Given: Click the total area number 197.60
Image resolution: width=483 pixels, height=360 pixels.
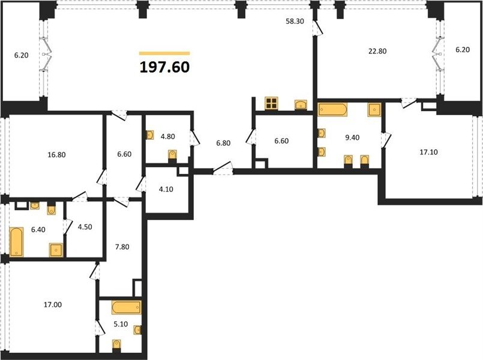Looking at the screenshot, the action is click(164, 67).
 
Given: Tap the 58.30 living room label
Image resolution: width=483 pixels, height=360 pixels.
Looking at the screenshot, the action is click(295, 21).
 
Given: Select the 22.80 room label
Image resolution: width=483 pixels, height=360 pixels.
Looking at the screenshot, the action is click(377, 51).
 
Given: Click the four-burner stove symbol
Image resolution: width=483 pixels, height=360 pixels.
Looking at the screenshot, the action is click(271, 103).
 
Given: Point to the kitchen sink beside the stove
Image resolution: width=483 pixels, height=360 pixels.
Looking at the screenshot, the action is click(301, 105).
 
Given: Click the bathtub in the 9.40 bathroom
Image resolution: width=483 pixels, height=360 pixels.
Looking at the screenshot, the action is click(332, 109).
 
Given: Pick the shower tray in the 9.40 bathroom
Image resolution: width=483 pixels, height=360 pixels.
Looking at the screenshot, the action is click(374, 110).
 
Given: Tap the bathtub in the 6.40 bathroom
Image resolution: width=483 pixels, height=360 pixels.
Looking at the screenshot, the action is click(16, 242).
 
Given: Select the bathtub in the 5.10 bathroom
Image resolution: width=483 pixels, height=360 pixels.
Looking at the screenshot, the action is click(126, 307).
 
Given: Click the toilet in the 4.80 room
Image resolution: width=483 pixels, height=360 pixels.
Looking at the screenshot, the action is click(173, 155).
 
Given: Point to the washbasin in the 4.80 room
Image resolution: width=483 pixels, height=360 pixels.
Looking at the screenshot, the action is click(150, 135).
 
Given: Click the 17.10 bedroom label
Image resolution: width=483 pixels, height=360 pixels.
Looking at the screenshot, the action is click(429, 152).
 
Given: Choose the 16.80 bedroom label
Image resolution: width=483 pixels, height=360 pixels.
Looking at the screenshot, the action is click(56, 155).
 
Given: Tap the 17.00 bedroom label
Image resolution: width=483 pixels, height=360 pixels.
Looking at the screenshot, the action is click(53, 305).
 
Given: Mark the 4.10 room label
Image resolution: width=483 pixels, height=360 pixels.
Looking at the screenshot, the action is click(166, 190).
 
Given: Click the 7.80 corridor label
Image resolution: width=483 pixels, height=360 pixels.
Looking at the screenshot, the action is click(122, 247).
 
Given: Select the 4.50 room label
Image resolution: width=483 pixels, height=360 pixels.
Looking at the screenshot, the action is click(85, 227).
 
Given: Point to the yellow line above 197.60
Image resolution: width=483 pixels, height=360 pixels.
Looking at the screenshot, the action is click(164, 53).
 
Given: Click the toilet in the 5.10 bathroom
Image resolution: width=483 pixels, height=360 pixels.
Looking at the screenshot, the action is click(116, 345).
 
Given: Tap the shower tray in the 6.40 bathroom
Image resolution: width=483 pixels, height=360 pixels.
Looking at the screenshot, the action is click(56, 250).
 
